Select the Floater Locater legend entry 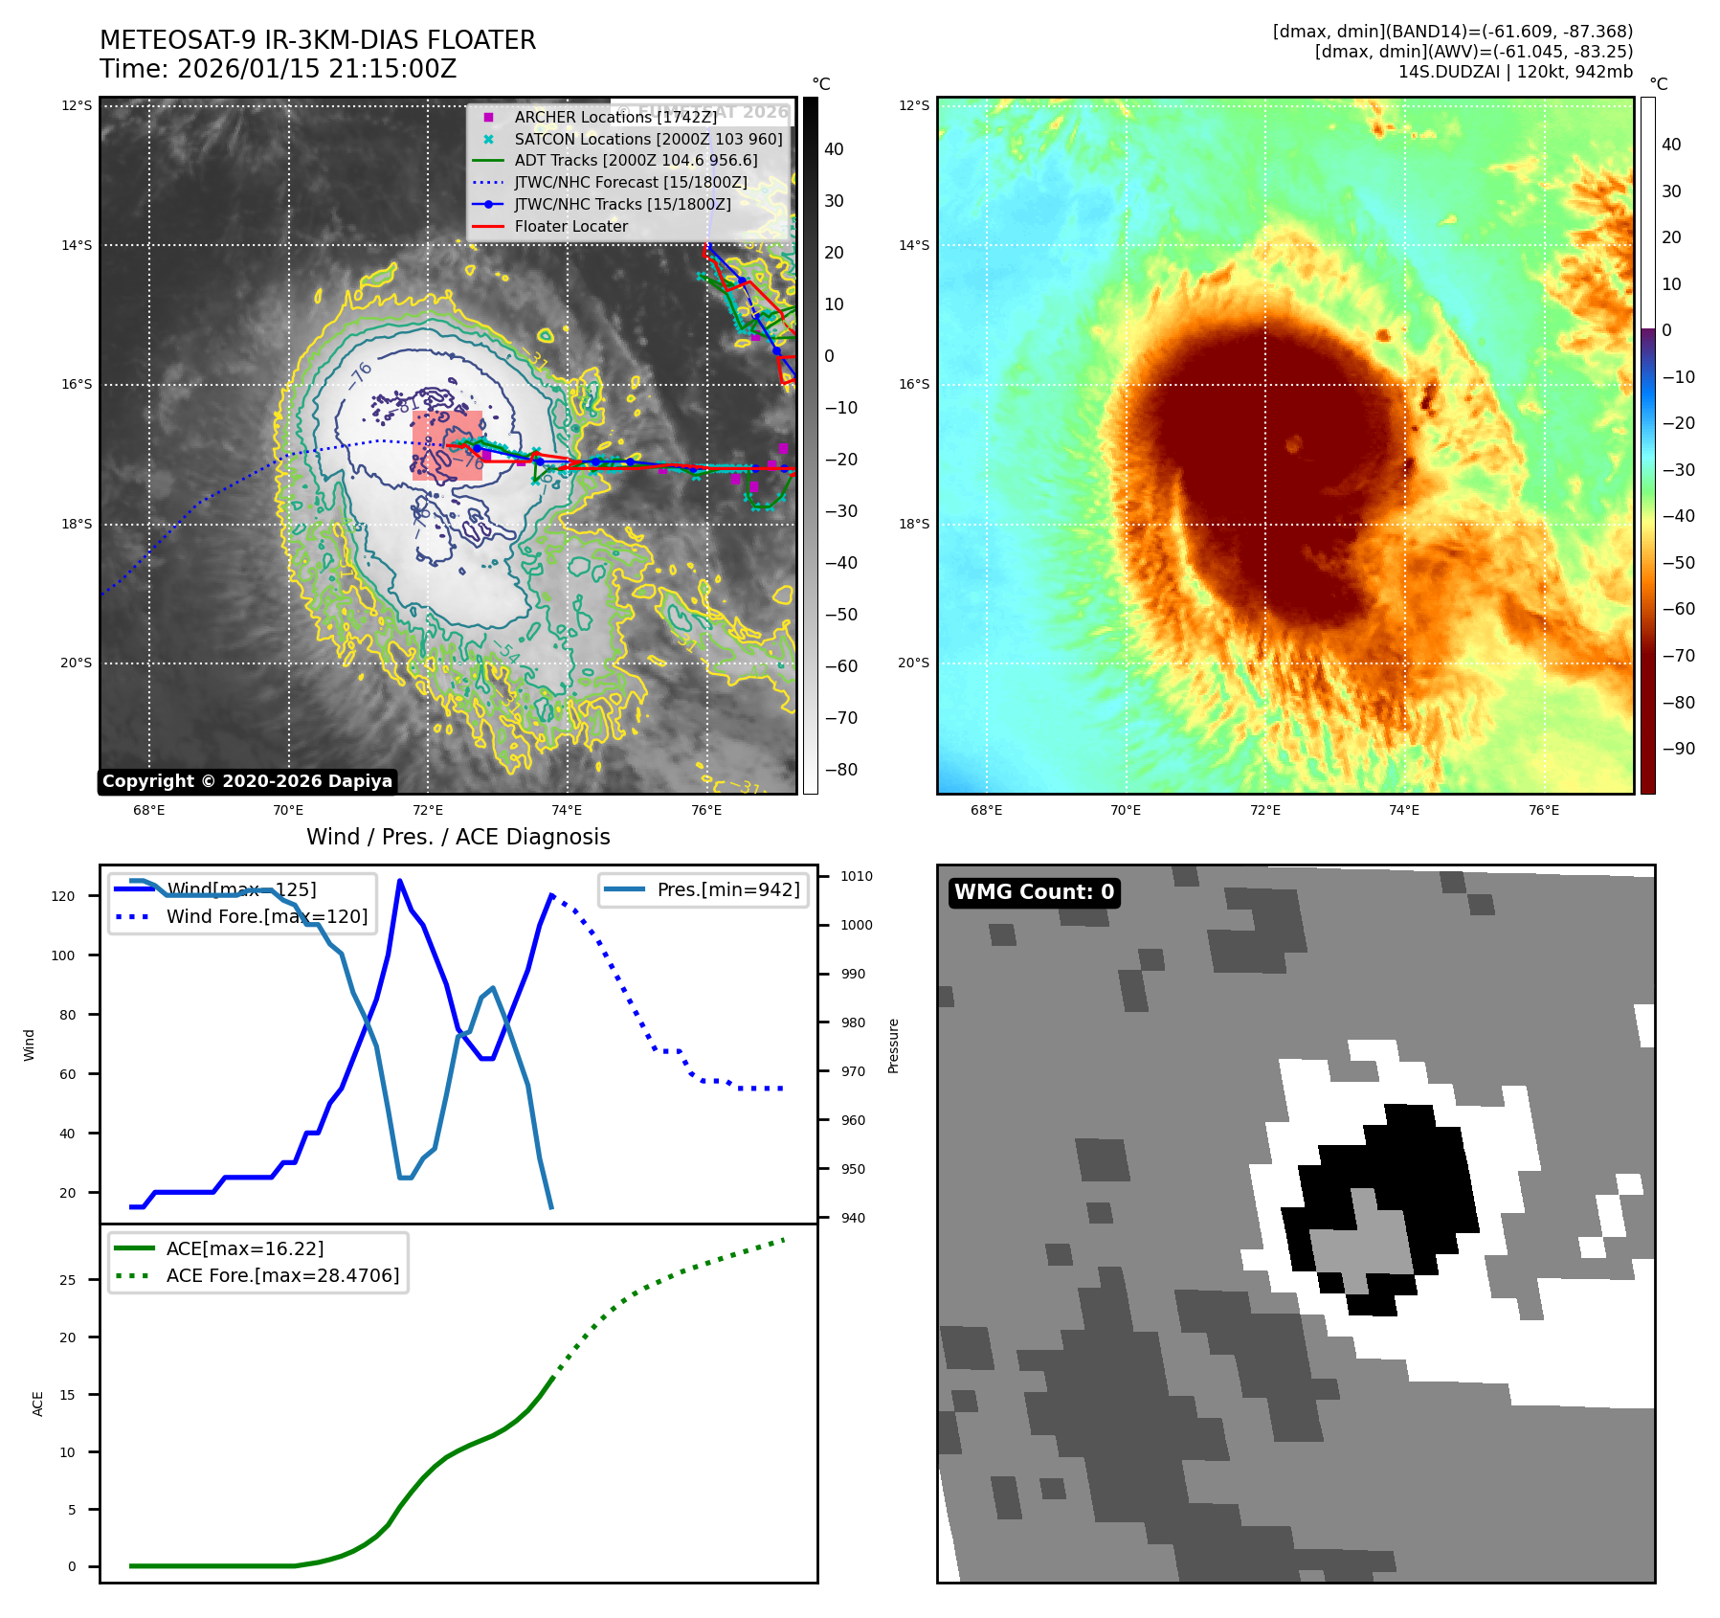[570, 226]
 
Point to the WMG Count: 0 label [1034, 892]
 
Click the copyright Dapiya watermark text [247, 781]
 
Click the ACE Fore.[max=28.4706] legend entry [282, 1275]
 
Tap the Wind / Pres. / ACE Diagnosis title [458, 837]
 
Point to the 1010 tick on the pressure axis [857, 876]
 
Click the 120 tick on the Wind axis [63, 896]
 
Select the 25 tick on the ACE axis [67, 1280]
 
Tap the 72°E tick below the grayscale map [428, 811]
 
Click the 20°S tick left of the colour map [913, 663]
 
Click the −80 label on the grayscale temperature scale [841, 770]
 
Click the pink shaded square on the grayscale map [447, 445]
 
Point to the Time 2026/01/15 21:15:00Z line [278, 69]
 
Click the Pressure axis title [893, 1045]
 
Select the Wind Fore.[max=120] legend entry [266, 916]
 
